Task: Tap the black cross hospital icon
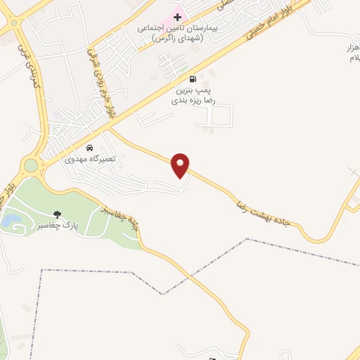pyautogui.click(x=177, y=15)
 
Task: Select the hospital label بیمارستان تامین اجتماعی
pyautogui.click(x=170, y=32)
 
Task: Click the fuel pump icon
pyautogui.click(x=193, y=79)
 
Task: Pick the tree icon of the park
pyautogui.click(x=57, y=213)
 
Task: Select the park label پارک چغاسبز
pyautogui.click(x=77, y=225)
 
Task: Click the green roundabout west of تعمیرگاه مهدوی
pyautogui.click(x=30, y=166)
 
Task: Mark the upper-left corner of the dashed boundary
pyautogui.click(x=42, y=270)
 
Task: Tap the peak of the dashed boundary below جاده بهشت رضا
pyautogui.click(x=248, y=240)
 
